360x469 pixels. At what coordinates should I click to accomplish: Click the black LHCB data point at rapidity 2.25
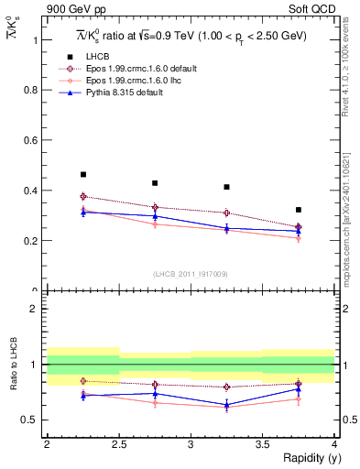[82, 174]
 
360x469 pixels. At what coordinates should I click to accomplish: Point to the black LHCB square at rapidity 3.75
[298, 210]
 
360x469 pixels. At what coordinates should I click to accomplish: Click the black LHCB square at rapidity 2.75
[155, 183]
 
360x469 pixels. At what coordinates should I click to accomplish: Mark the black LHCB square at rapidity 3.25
[226, 187]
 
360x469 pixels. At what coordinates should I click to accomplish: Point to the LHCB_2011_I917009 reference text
[191, 274]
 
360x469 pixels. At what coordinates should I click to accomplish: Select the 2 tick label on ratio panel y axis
[34, 309]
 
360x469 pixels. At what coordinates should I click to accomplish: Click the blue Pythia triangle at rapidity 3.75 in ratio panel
[298, 389]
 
